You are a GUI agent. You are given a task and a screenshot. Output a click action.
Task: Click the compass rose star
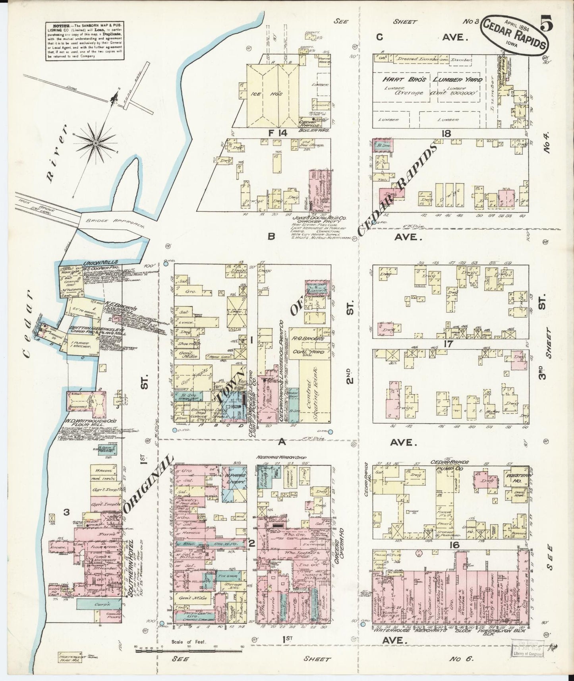pyautogui.click(x=96, y=142)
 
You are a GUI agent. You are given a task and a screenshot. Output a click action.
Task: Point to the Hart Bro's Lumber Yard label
pyautogui.click(x=432, y=79)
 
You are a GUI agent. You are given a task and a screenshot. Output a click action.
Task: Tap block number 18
pyautogui.click(x=446, y=133)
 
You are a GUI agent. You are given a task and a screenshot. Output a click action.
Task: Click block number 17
pyautogui.click(x=448, y=344)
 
